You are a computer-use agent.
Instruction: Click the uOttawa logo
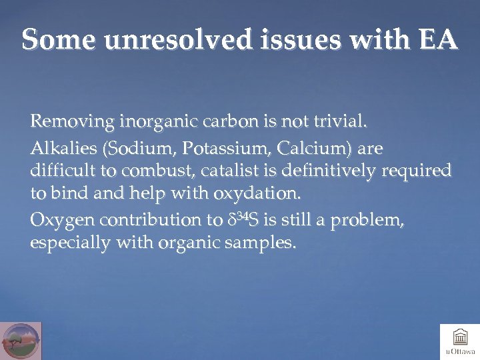pos(459,341)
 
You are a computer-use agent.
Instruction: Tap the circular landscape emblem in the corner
pos(21,341)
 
